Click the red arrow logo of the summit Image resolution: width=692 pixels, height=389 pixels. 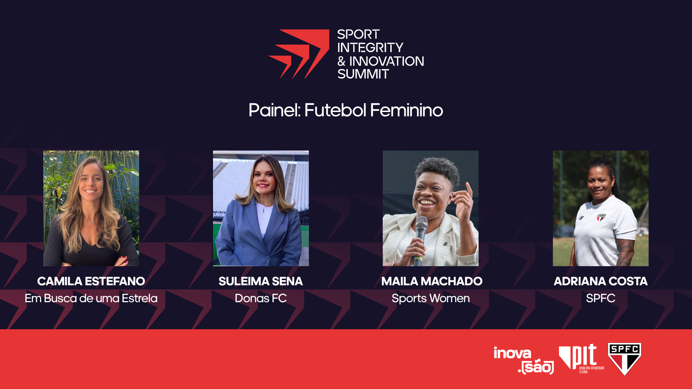(299, 54)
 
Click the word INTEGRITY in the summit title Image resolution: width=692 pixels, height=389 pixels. (370, 48)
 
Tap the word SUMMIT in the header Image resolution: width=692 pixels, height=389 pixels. (363, 74)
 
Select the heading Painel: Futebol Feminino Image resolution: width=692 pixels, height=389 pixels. (346, 110)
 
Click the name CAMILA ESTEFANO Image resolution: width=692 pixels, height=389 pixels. (91, 281)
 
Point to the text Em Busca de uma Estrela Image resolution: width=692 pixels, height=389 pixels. (91, 298)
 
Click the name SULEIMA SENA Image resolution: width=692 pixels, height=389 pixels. (261, 281)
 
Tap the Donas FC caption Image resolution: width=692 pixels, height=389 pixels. (261, 298)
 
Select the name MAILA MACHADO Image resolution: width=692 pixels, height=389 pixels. (432, 281)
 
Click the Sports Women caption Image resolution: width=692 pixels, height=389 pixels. (431, 298)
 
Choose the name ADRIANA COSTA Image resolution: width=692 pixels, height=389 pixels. (600, 281)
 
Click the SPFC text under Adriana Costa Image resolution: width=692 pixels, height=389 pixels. (600, 298)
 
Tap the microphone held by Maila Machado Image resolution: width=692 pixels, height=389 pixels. (420, 238)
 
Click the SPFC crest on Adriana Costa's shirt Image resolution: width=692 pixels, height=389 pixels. (601, 218)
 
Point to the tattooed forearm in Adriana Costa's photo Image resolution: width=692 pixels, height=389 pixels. (626, 252)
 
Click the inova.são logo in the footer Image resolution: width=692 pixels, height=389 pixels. (524, 360)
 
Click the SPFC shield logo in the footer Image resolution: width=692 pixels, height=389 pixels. (625, 359)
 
